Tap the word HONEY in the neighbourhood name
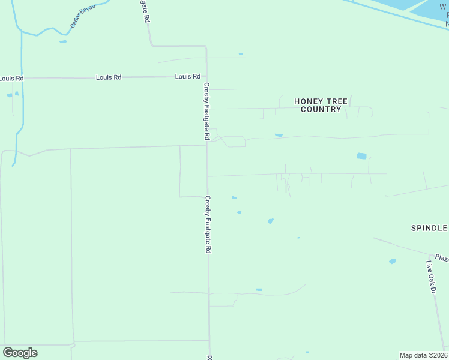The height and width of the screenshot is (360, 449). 309,101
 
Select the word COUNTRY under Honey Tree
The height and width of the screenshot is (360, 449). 321,109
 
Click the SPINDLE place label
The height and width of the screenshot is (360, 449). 429,228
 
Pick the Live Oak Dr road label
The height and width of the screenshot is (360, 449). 430,277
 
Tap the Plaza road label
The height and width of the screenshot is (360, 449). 442,258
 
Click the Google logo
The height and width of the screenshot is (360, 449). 20,353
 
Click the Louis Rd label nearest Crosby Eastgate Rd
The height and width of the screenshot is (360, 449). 188,77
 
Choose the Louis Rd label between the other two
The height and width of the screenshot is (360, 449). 109,77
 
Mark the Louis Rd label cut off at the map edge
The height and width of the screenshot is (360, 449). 11,79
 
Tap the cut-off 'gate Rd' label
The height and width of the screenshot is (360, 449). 146,11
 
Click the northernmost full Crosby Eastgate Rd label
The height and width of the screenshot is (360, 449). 206,112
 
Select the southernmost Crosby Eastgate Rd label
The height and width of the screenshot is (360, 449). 208,224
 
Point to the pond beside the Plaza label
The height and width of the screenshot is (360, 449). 393,262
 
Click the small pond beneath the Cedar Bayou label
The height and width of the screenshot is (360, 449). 63,42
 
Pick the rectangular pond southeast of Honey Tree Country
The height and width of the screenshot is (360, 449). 361,156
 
